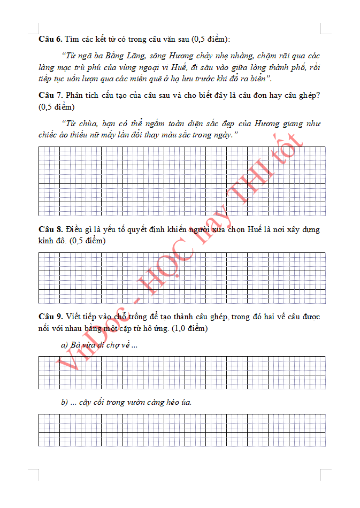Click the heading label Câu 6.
[x=50, y=39]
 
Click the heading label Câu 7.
[x=50, y=95]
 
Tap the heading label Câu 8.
[x=50, y=229]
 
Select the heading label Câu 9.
[x=50, y=317]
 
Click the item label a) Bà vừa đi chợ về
[x=99, y=345]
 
